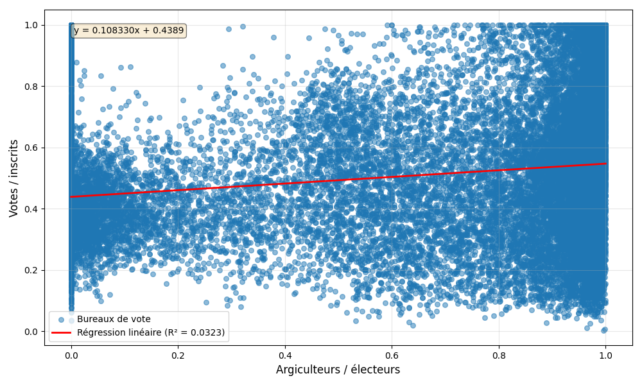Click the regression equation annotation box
(x=128, y=30)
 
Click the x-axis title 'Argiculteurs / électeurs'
(x=338, y=370)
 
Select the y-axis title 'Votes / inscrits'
(x=13, y=178)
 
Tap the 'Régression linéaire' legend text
(x=151, y=332)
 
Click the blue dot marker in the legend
(x=62, y=320)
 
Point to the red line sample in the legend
(x=62, y=332)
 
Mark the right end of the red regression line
(x=605, y=164)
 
